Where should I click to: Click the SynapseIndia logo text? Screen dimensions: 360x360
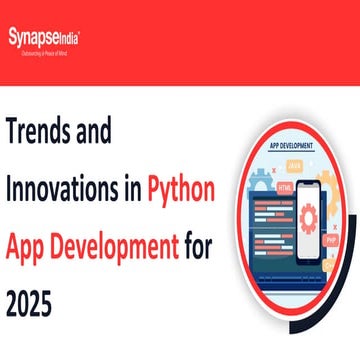click(x=46, y=37)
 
